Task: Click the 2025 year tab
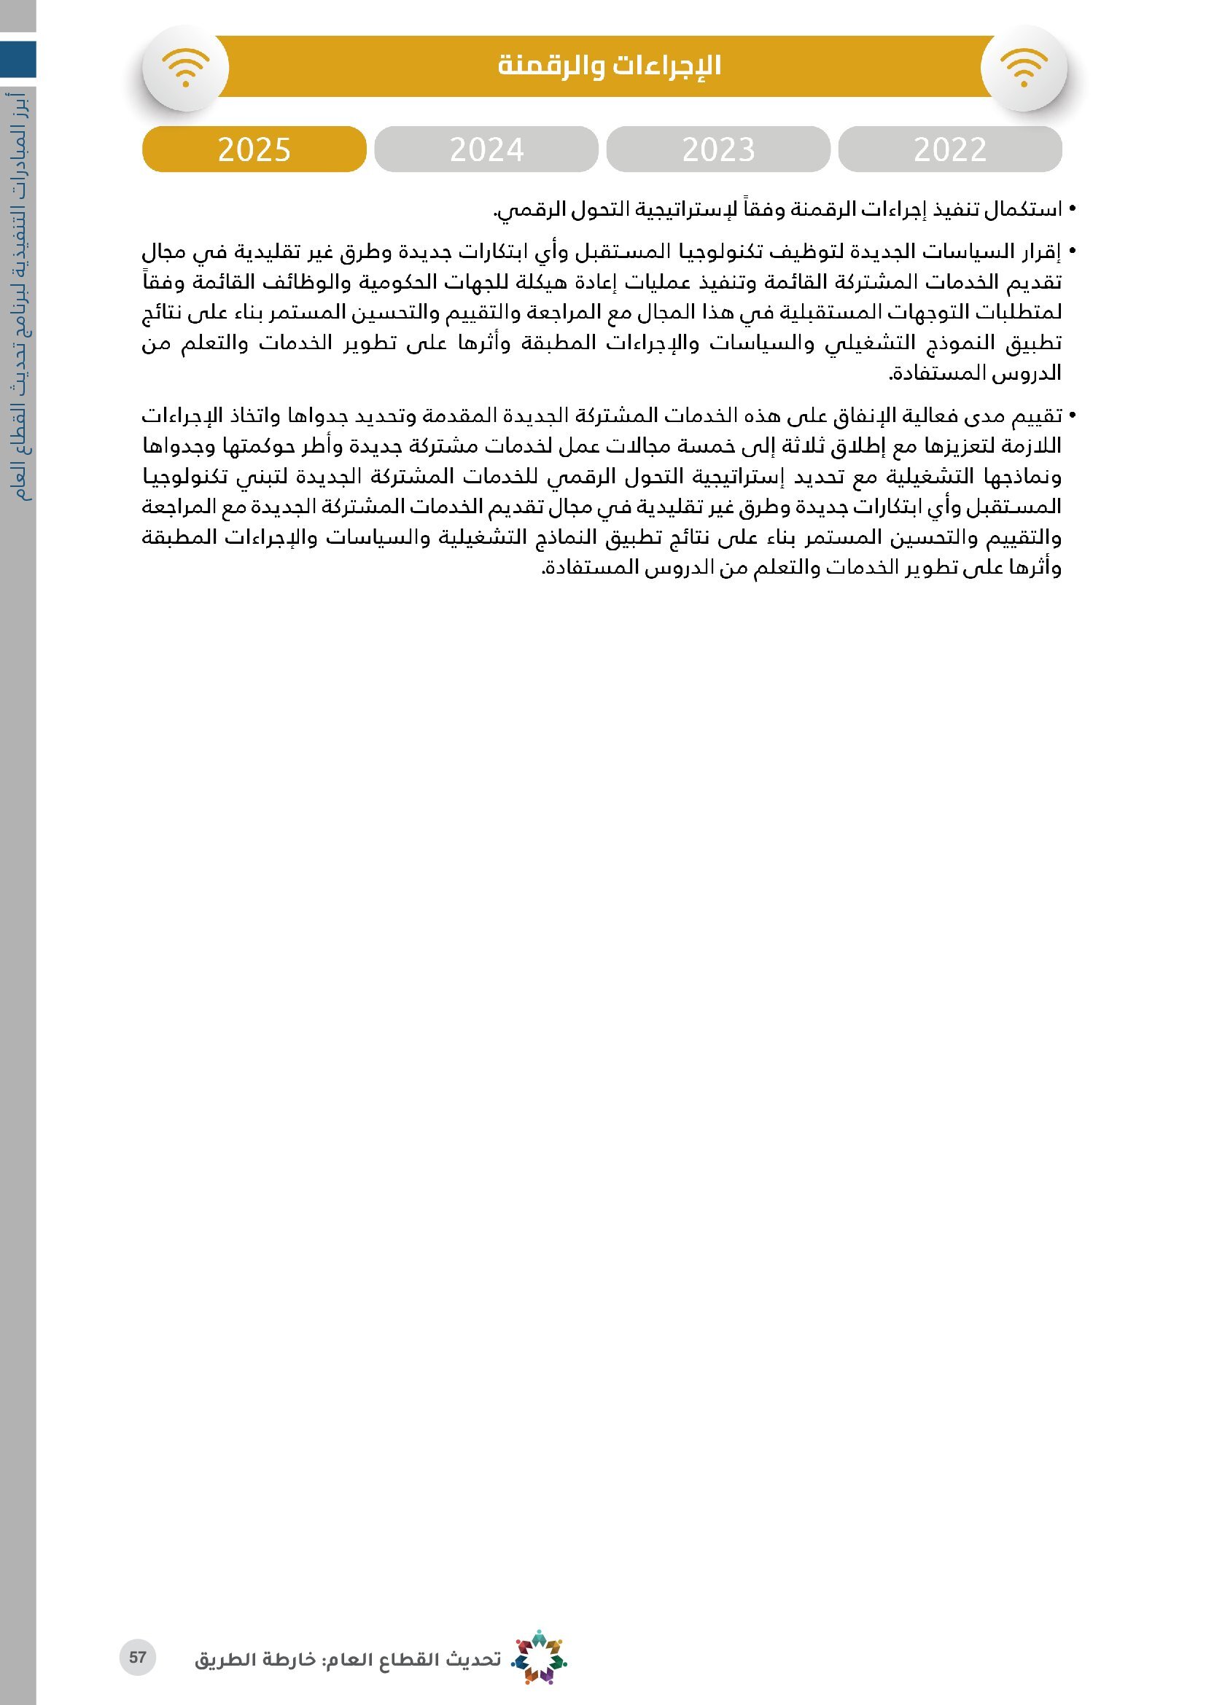tap(254, 149)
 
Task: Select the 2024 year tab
tap(486, 149)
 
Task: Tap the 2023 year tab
tap(718, 149)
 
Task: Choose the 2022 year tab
tap(950, 149)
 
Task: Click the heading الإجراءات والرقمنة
tap(609, 66)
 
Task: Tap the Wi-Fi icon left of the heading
tap(186, 68)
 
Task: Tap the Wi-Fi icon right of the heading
tap(1024, 68)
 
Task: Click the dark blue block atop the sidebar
tap(17, 59)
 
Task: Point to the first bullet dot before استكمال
tap(1072, 209)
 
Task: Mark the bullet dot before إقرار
tap(1072, 252)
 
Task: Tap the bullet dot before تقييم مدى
tap(1072, 414)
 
